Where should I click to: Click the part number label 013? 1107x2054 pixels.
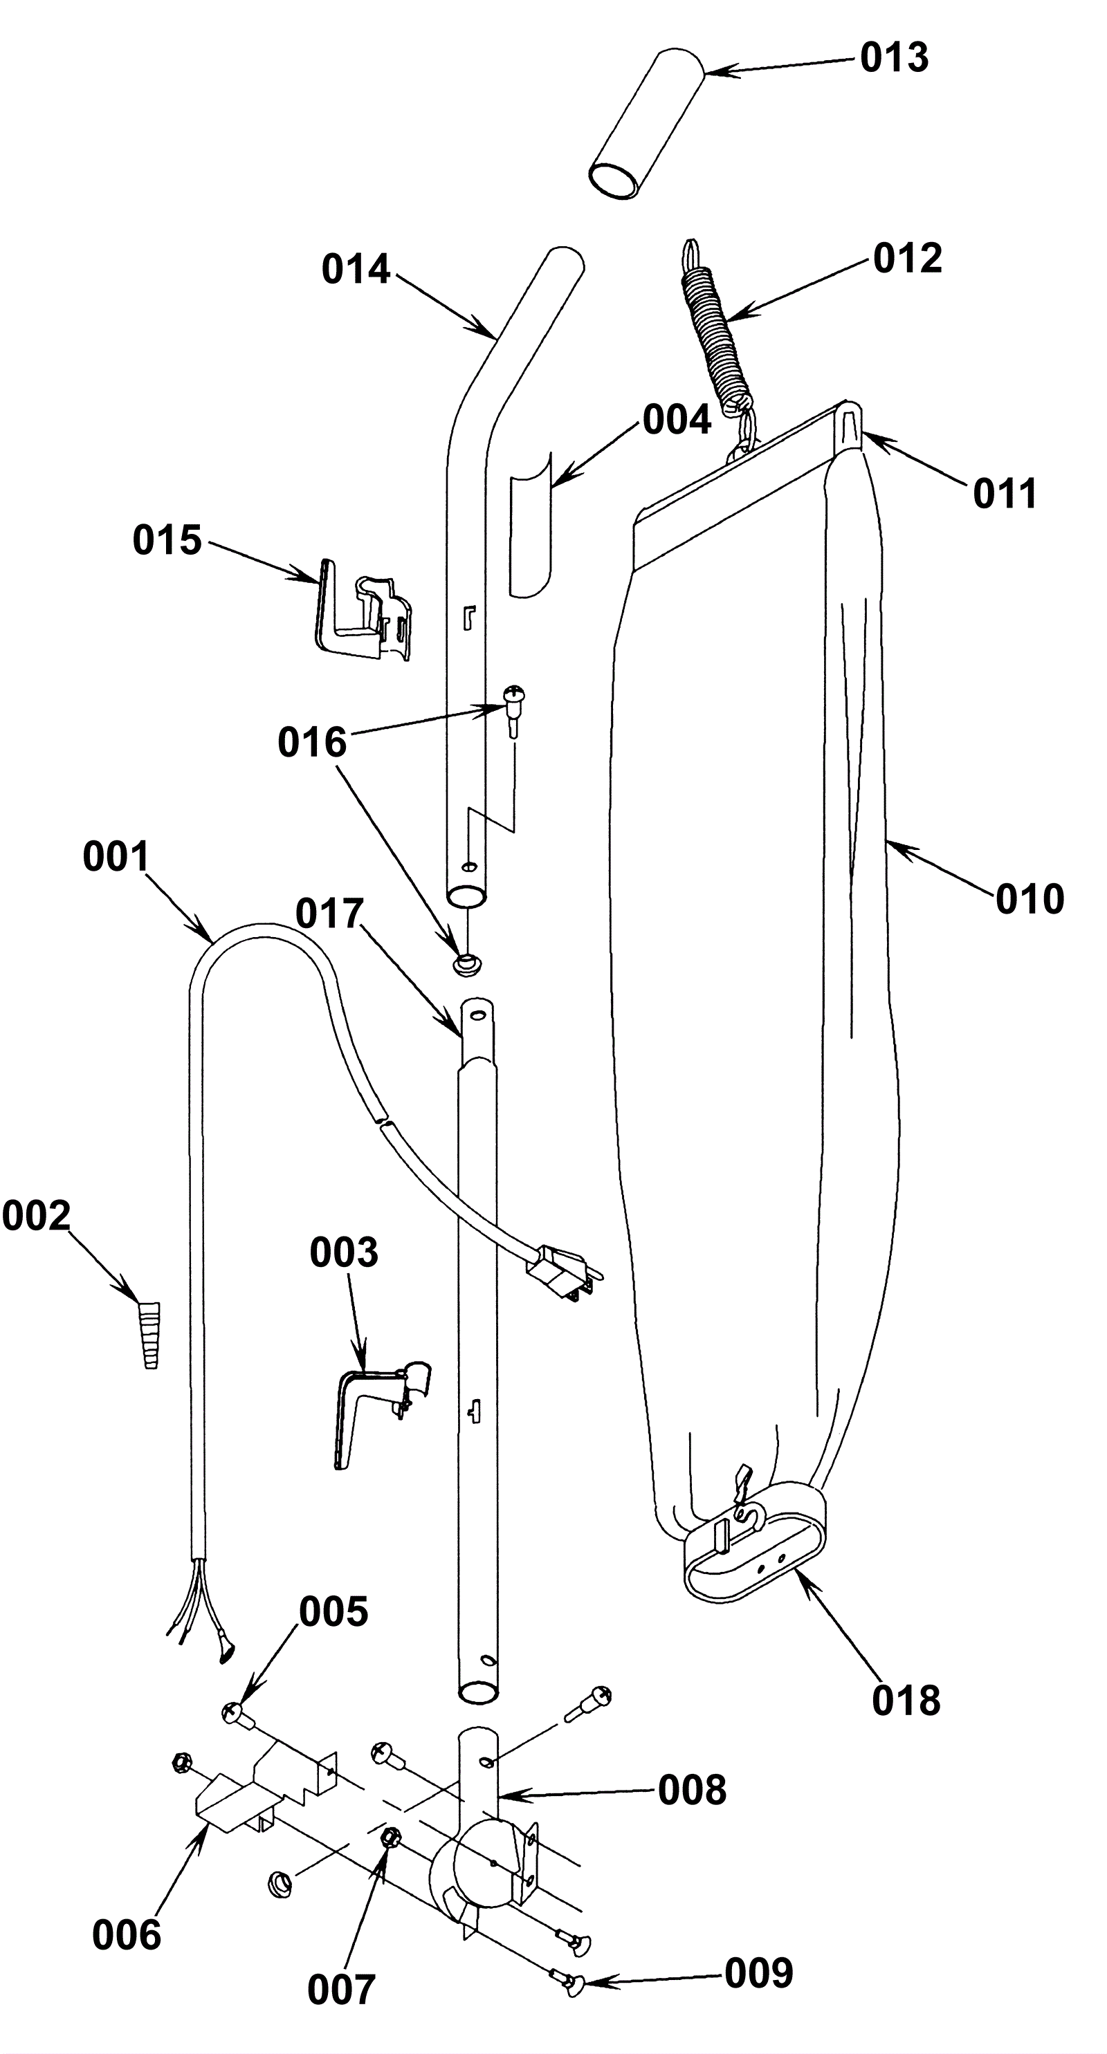pos(894,58)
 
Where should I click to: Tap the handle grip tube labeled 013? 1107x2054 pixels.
pos(647,124)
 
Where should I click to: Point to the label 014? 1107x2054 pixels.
pos(356,270)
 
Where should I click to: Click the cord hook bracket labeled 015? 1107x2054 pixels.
pos(365,609)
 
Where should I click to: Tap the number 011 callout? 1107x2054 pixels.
pos(1005,494)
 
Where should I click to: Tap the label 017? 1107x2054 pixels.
pos(329,914)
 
